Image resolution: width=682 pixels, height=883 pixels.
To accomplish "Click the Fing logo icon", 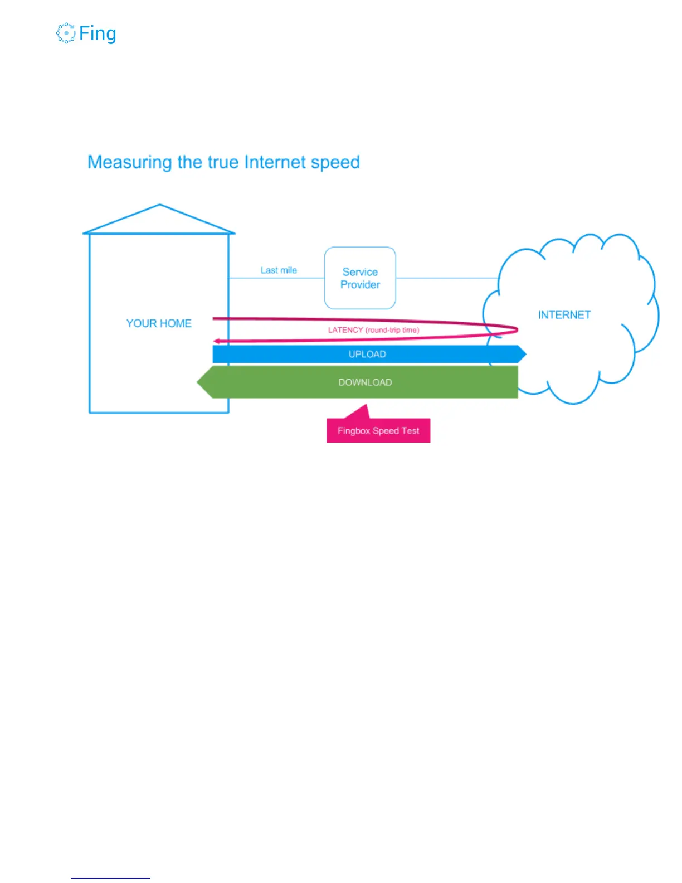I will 66,33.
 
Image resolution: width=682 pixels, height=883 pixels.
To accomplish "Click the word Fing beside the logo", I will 98,33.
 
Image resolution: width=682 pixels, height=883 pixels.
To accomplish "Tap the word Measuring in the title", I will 129,162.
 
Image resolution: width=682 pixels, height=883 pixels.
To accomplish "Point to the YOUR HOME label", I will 159,323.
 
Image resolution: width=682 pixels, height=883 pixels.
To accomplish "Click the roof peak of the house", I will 160,206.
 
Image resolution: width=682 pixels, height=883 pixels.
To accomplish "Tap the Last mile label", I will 279,270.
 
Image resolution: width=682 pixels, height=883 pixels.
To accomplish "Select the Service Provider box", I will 360,278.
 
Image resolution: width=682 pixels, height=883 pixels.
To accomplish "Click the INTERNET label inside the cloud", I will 564,315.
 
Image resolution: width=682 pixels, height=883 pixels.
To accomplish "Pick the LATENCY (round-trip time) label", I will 373,330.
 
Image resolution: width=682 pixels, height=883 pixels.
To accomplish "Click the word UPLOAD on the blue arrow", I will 367,354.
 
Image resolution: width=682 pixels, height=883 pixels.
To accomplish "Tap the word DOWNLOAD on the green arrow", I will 365,382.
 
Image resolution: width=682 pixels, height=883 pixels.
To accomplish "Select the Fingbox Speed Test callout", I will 378,430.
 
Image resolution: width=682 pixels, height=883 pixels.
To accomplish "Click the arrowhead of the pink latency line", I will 216,341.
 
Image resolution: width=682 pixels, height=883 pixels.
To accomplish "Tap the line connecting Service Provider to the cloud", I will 446,278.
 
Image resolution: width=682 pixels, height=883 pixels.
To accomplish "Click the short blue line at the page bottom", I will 110,878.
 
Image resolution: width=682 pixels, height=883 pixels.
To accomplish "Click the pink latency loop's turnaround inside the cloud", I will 516,330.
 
